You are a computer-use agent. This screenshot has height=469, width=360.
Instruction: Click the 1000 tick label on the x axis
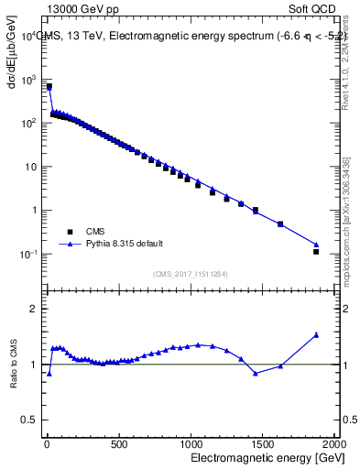click(190, 444)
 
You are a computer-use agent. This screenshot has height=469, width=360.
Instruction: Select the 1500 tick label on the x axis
click(262, 444)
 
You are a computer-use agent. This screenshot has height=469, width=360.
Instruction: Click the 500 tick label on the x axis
click(118, 444)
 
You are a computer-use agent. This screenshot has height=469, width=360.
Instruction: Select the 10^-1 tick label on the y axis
click(28, 254)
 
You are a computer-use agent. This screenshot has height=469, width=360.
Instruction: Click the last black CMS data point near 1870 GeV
click(316, 251)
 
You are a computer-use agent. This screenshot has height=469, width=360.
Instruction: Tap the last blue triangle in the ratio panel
click(316, 334)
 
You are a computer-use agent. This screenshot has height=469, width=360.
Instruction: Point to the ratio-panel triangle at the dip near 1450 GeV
click(256, 373)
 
